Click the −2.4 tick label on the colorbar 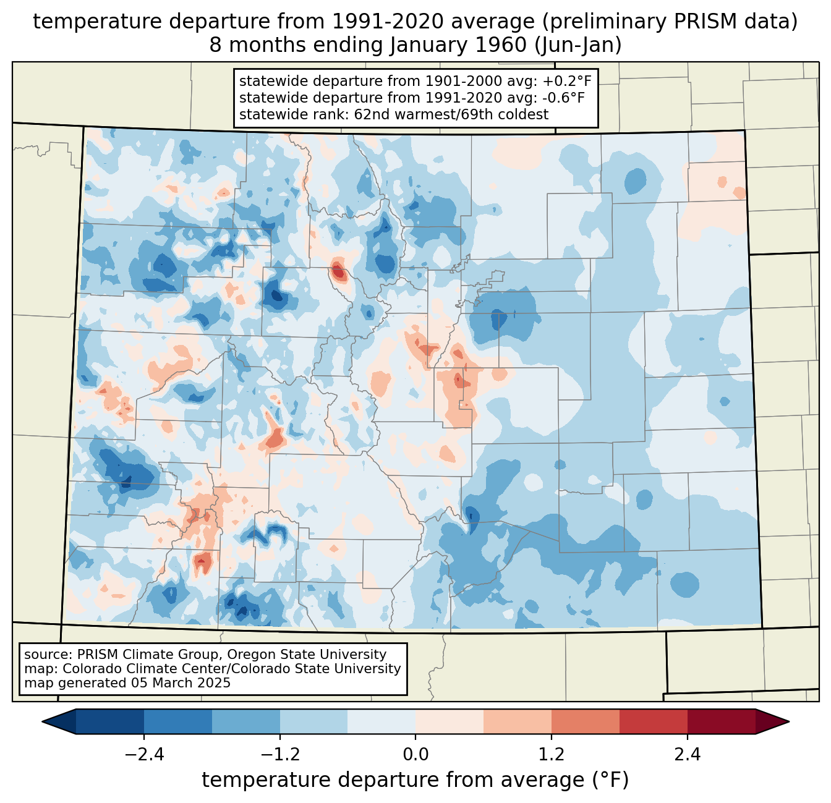144,755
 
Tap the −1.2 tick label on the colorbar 279,755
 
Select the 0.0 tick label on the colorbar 415,755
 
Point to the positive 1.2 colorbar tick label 552,755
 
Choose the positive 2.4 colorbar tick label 688,755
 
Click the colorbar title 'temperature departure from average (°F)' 415,780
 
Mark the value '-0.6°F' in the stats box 561,98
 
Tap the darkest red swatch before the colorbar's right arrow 721,721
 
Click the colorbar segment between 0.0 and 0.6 450,721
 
